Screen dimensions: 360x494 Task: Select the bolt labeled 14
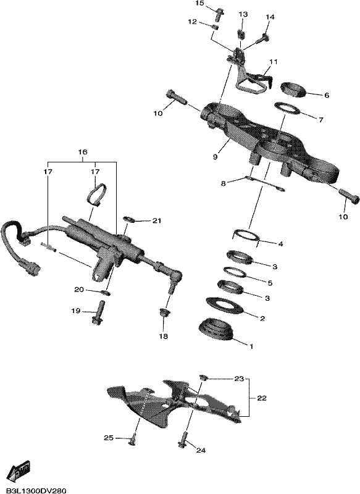[263, 40]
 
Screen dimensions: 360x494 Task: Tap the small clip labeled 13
[241, 33]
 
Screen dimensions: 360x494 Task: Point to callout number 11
[274, 62]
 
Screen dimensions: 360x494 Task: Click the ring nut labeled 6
[293, 90]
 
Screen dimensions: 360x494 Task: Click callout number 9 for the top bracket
[215, 157]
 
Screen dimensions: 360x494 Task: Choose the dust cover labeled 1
[216, 330]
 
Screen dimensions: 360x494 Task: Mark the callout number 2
[262, 319]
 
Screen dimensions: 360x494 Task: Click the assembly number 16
[83, 152]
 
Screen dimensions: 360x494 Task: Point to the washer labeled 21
[129, 219]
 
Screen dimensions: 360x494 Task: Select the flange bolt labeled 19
[98, 312]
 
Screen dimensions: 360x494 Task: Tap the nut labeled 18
[164, 314]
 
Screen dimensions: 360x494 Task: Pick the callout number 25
[109, 438]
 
